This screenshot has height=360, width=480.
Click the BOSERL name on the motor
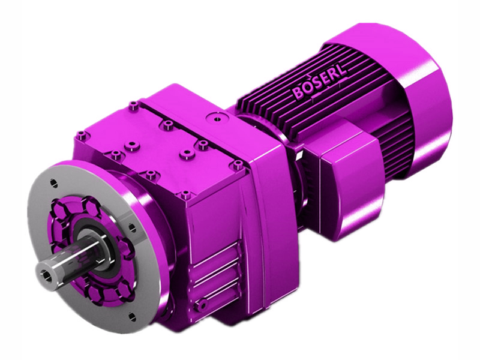pos(319,84)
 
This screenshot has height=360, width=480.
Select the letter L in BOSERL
pos(340,74)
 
